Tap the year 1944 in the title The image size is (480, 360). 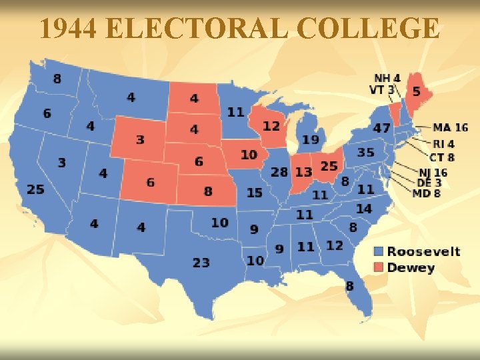69,29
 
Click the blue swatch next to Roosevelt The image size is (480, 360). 379,252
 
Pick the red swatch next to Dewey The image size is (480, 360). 379,268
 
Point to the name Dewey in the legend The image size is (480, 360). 411,268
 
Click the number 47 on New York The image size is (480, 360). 382,127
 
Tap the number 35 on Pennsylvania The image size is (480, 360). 365,153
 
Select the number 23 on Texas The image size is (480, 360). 201,263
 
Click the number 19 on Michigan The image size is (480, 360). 310,139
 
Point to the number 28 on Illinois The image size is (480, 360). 279,172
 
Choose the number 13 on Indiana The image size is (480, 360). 303,172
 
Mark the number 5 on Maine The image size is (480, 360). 417,91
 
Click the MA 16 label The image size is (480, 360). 450,127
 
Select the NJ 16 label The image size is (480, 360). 433,173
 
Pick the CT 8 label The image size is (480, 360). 441,157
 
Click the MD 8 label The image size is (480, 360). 427,193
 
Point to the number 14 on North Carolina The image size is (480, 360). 363,209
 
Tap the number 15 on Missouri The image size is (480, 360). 255,193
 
